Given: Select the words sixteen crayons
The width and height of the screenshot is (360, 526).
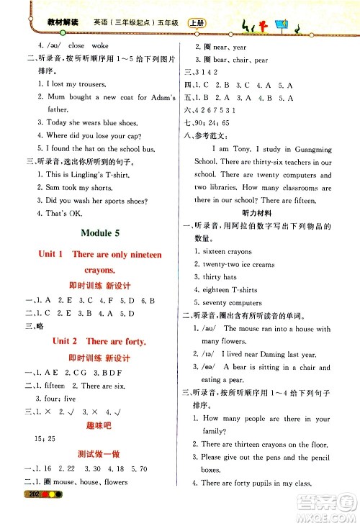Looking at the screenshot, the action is (x=227, y=251).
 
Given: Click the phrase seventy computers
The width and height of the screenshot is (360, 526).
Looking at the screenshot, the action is (x=232, y=302).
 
